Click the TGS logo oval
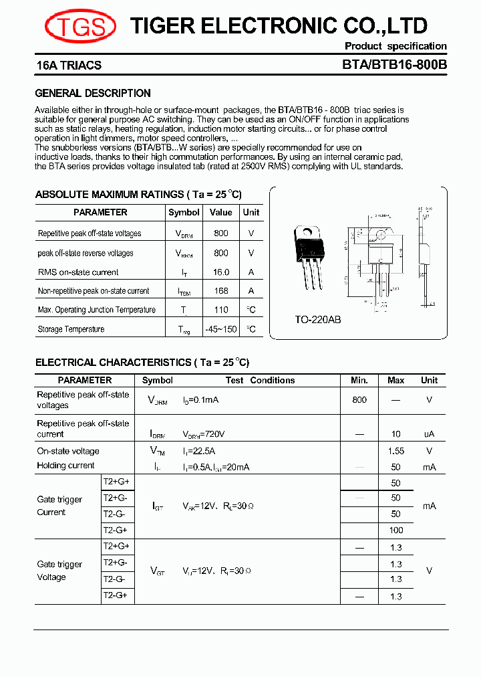80,26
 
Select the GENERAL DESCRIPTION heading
93,94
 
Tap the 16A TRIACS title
69,66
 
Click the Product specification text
395,46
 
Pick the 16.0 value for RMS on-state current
220,272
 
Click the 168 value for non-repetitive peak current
220,291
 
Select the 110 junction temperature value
220,310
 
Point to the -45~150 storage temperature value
220,329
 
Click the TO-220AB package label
318,320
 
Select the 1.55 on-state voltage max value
395,452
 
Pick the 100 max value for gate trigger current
395,530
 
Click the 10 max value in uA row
395,434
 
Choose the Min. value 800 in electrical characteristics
359,399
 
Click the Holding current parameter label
66,466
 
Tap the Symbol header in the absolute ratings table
184,212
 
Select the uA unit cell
429,434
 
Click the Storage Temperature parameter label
71,329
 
